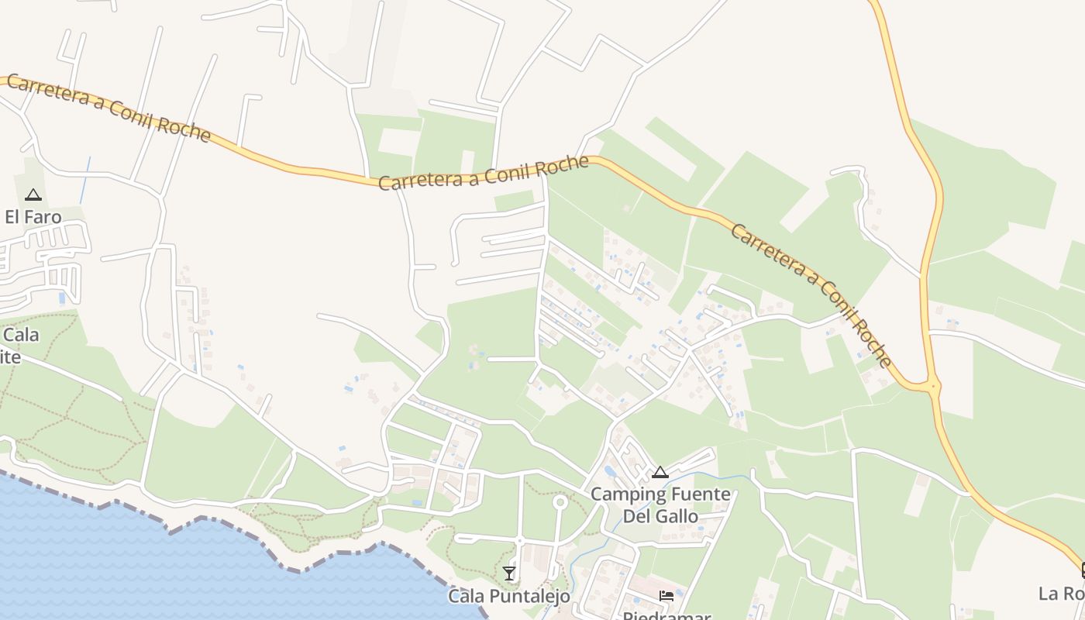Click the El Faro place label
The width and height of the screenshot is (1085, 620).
click(x=33, y=217)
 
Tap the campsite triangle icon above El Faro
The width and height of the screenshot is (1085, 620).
click(x=33, y=195)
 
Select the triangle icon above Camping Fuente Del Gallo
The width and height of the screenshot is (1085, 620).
click(x=660, y=472)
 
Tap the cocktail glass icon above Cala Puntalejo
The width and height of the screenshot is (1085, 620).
click(x=509, y=573)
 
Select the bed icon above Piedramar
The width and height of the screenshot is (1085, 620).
click(x=666, y=596)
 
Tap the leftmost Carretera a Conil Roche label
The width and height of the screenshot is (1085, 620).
click(x=108, y=108)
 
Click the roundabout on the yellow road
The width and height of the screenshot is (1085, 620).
click(x=933, y=384)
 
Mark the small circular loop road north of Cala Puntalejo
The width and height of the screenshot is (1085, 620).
click(x=560, y=502)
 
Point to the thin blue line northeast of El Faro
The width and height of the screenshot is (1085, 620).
click(x=84, y=181)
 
